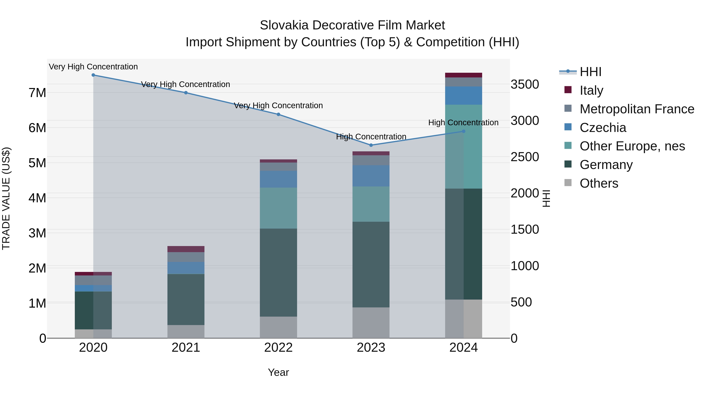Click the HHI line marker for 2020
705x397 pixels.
point(93,75)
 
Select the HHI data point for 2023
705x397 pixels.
point(371,145)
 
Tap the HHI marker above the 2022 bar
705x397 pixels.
point(278,114)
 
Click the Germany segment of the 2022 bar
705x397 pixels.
point(278,273)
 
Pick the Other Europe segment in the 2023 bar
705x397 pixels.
point(371,204)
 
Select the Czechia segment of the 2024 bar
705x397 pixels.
point(463,96)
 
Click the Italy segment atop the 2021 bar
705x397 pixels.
point(186,249)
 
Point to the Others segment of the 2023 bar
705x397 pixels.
point(371,323)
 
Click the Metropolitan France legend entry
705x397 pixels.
point(637,109)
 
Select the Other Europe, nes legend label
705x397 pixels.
point(632,146)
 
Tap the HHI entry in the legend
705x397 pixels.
point(590,72)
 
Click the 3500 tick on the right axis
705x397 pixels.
point(525,84)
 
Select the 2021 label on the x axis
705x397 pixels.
point(186,348)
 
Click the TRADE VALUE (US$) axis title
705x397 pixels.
point(6,199)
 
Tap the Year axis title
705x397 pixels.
point(278,372)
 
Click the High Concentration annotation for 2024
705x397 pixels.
point(463,123)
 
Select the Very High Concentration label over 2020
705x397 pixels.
point(93,67)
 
